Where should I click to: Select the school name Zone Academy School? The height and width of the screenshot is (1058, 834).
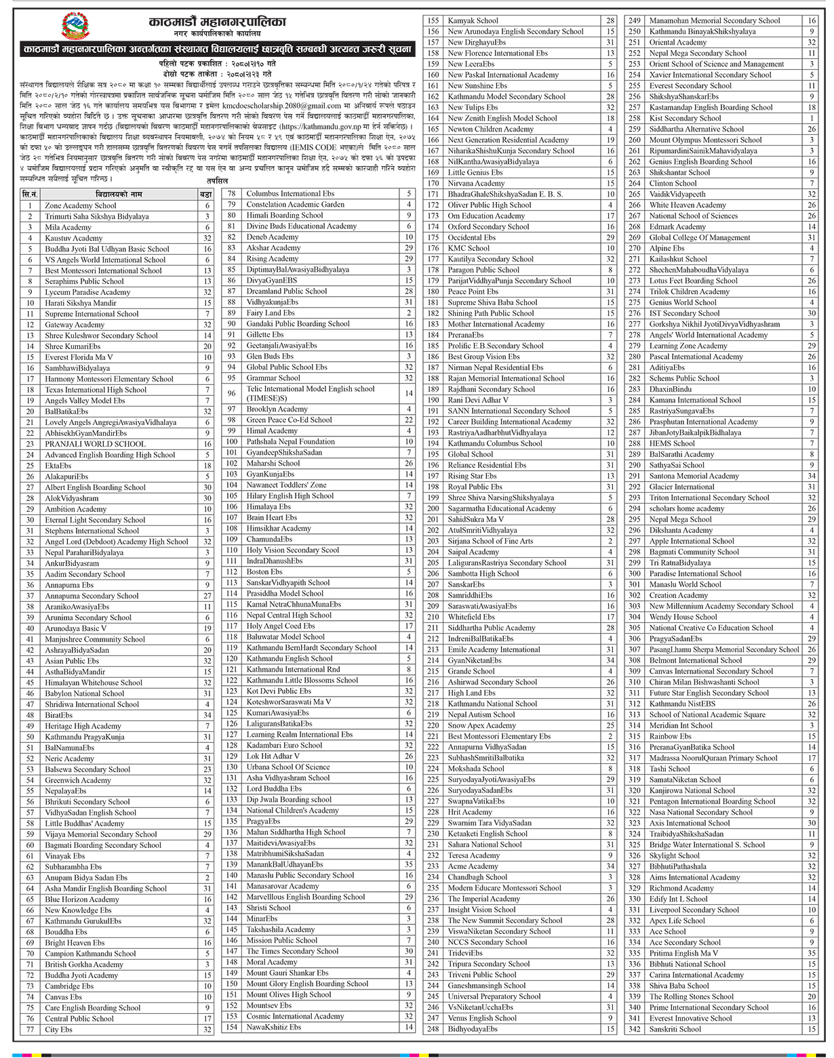[x=80, y=205]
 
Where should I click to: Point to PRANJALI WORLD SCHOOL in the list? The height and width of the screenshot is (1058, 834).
[x=95, y=444]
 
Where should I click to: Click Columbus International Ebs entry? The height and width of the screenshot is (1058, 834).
[x=290, y=194]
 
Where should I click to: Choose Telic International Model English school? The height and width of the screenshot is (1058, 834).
[x=310, y=389]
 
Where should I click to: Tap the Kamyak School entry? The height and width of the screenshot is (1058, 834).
[x=473, y=21]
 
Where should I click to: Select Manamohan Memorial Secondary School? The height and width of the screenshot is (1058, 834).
[x=715, y=21]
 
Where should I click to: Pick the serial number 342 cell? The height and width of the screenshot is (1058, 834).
[x=634, y=1029]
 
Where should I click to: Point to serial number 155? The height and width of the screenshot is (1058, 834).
[x=433, y=21]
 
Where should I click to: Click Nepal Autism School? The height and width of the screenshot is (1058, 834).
[x=481, y=714]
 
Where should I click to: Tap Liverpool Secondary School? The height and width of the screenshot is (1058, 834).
[x=694, y=910]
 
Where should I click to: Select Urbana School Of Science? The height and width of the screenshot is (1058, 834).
[x=287, y=767]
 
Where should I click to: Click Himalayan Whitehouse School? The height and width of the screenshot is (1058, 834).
[x=94, y=683]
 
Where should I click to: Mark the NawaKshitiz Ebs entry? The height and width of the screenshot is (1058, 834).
[x=273, y=1027]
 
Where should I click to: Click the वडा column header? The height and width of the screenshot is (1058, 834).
[x=206, y=195]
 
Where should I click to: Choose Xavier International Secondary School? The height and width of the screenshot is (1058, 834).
[x=710, y=75]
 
